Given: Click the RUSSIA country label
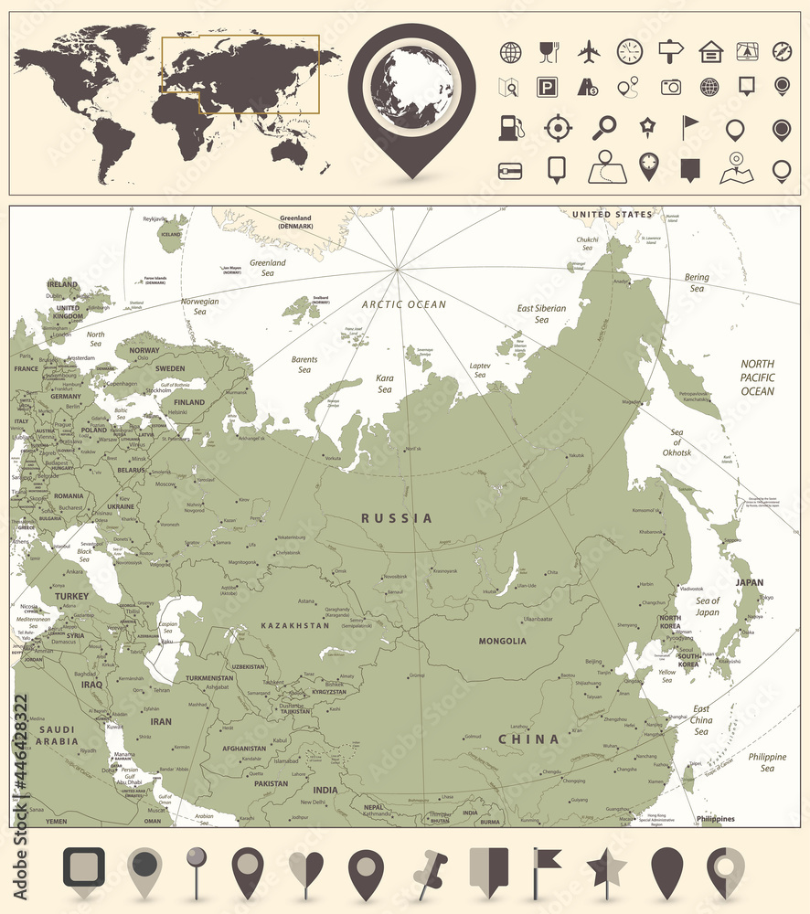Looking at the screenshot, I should point(397,518).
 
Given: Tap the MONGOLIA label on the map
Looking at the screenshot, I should point(502,641).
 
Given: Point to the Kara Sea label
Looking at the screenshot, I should point(385,383).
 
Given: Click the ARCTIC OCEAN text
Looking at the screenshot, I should point(403,304).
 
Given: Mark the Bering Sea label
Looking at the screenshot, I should point(697,282).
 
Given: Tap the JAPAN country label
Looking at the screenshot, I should point(750,582).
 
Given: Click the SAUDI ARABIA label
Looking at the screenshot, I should point(54,735).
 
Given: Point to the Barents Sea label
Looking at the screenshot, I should point(304,365).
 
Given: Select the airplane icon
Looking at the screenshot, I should point(589,51).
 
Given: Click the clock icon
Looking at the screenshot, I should point(630,51).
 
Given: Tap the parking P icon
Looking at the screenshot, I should point(547,87).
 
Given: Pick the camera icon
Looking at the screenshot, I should point(671,87).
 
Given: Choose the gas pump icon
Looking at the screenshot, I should point(509,128).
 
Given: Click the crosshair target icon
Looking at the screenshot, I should point(558,128).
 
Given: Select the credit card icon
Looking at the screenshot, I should point(509,170).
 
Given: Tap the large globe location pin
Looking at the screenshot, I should point(412,91).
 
